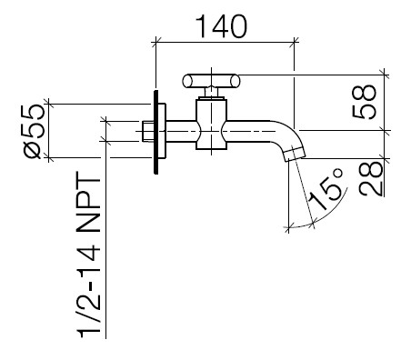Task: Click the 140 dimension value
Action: pos(222,26)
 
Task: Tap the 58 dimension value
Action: pos(365,102)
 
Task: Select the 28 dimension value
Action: pos(371,178)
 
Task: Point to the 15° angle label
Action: pos(326,189)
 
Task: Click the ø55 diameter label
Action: pos(34,131)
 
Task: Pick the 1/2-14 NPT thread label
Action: pos(89,255)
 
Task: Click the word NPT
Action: pos(89,202)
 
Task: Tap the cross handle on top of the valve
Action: pos(211,81)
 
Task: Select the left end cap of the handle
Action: pos(186,81)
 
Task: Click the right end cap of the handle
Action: pos(236,81)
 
